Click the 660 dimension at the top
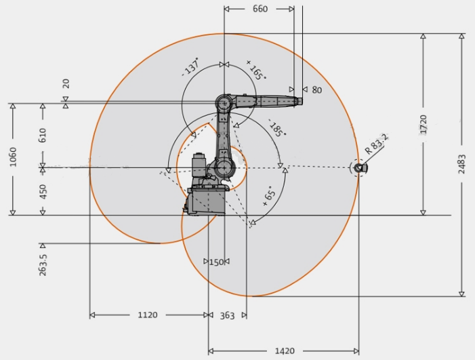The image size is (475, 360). (260, 9)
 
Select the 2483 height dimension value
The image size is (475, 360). (461, 164)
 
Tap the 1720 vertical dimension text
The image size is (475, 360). (424, 124)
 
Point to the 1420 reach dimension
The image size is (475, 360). (285, 351)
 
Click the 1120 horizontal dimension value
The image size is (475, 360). (148, 315)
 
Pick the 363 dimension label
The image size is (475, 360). (227, 316)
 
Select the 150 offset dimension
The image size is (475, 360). (216, 262)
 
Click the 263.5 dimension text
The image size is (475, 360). (43, 265)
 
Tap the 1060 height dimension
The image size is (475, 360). (13, 157)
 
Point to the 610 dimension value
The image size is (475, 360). (43, 135)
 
